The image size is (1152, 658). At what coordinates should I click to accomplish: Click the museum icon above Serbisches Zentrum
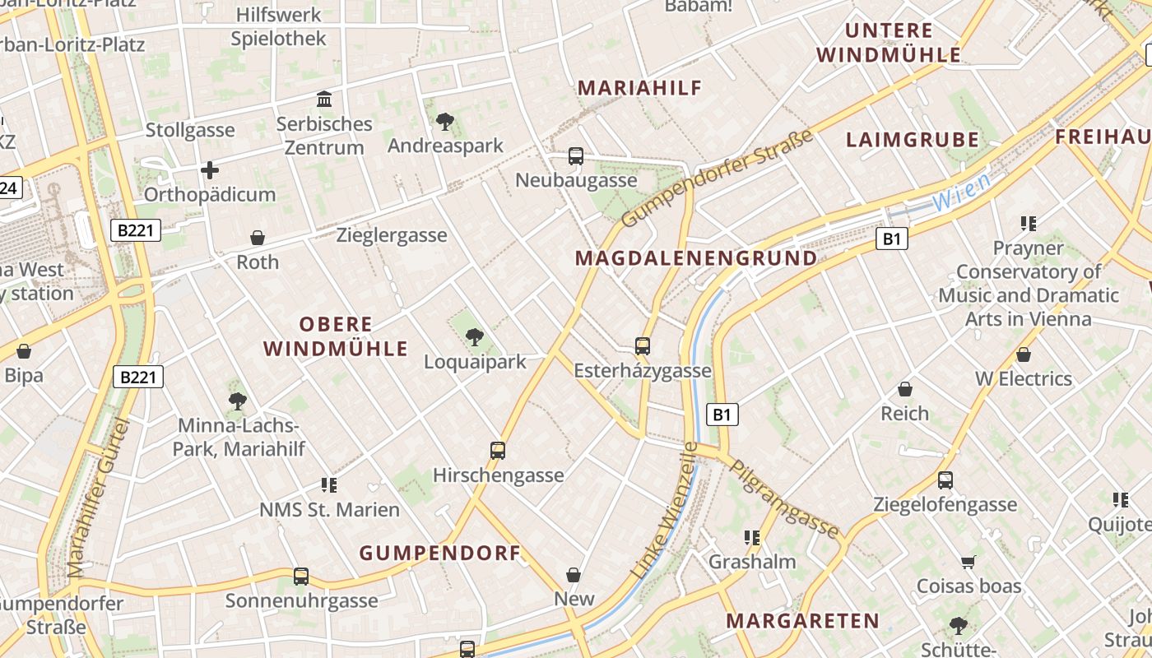(x=324, y=100)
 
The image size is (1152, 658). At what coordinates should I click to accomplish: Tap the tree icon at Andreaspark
(x=445, y=122)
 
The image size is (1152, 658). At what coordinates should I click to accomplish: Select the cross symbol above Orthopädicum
(x=210, y=170)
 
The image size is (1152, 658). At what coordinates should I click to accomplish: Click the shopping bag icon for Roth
(x=258, y=238)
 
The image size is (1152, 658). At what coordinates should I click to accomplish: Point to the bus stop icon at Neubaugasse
(x=576, y=155)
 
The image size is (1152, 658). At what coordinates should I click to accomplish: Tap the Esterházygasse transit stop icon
(x=643, y=346)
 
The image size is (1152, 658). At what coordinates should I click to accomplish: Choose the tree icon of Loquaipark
(x=474, y=336)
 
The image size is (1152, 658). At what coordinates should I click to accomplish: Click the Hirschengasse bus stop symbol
(x=498, y=451)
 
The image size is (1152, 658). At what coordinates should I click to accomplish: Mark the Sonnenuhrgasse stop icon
(x=301, y=577)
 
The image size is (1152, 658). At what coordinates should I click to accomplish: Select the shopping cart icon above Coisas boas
(x=969, y=563)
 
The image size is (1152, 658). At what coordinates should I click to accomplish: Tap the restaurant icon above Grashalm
(x=752, y=538)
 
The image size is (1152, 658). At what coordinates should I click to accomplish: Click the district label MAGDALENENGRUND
(x=696, y=258)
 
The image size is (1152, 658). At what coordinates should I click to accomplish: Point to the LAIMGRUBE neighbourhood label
(x=913, y=140)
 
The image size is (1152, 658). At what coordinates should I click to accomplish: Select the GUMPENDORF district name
(x=440, y=553)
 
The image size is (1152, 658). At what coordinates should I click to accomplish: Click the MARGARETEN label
(x=802, y=621)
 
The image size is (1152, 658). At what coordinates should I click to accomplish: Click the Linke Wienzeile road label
(x=664, y=510)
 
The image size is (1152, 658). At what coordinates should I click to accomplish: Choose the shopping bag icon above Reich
(x=905, y=389)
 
